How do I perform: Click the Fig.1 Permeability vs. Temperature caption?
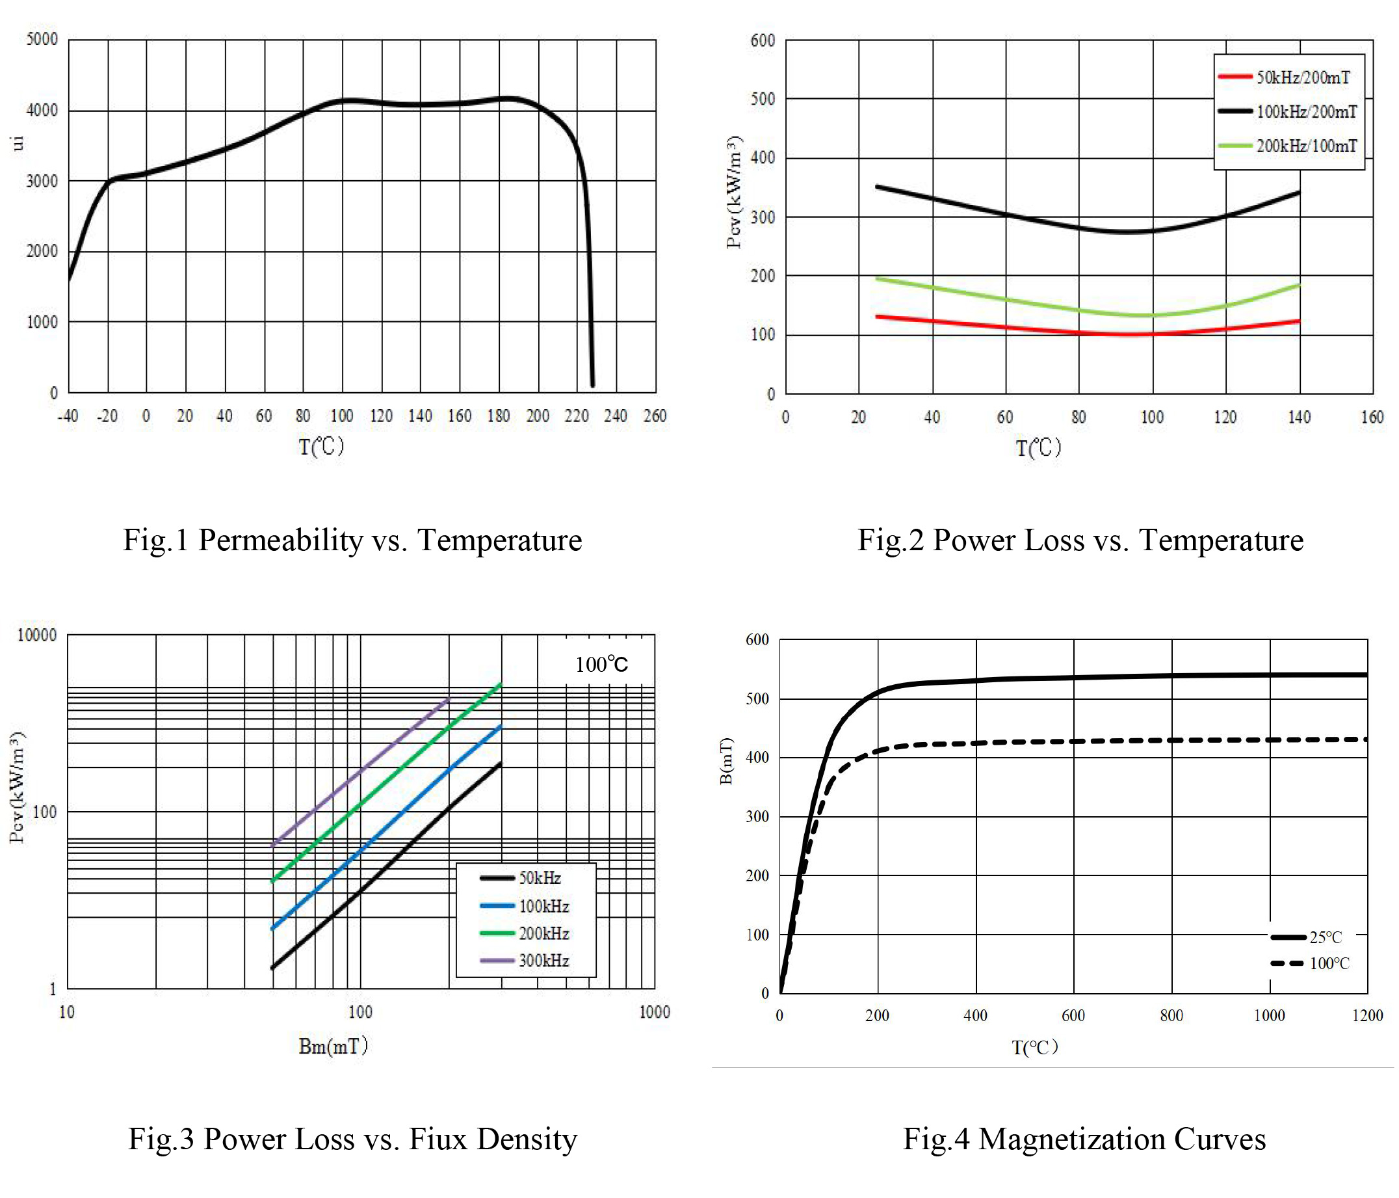pos(352,540)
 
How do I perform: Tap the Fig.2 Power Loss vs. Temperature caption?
pos(1080,540)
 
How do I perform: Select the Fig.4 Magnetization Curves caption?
pos(1084,1139)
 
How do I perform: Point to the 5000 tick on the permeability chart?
pos(42,39)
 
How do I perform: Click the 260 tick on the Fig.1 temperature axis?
pos(654,416)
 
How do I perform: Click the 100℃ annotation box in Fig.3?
pos(601,665)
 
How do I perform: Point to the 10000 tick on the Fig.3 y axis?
pos(36,635)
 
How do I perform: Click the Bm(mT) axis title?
pos(333,1046)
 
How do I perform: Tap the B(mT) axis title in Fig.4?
pos(726,761)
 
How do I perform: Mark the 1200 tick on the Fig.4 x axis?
pos(1367,1016)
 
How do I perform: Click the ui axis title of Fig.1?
pos(18,143)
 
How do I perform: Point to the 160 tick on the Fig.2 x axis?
pos(1372,418)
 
